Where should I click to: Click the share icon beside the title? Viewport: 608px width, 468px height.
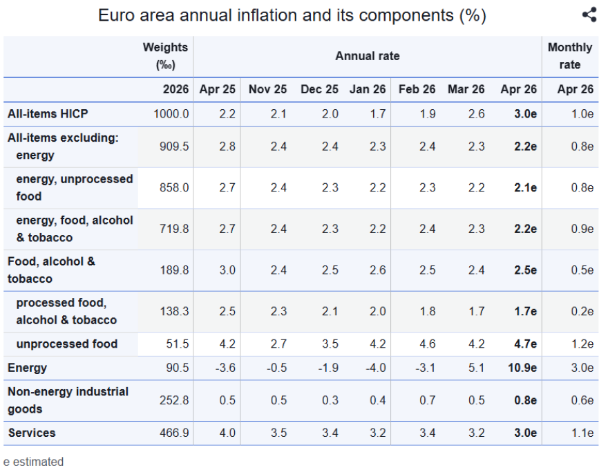[x=589, y=15]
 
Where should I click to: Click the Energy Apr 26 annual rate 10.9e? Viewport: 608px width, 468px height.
[x=521, y=368]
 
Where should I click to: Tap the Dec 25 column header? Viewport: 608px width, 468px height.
[x=319, y=89]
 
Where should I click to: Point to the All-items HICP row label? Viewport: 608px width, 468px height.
[x=48, y=113]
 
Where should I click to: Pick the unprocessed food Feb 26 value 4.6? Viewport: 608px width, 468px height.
[x=427, y=344]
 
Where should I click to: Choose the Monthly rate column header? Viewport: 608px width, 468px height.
[x=569, y=56]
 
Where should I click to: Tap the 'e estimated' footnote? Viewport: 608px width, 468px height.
[x=33, y=461]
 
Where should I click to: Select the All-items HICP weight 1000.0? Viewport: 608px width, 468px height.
[x=171, y=113]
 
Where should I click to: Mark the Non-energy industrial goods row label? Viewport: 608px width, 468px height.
[x=68, y=400]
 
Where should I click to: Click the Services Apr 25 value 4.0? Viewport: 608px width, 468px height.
[x=227, y=433]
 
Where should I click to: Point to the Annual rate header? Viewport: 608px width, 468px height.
[x=368, y=56]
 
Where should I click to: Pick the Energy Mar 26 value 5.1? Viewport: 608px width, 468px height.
[x=476, y=368]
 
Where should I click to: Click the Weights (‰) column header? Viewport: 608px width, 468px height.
[x=165, y=56]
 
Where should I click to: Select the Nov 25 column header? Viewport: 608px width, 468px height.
[x=267, y=89]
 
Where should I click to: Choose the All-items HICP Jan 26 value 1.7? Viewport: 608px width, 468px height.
[x=377, y=113]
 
